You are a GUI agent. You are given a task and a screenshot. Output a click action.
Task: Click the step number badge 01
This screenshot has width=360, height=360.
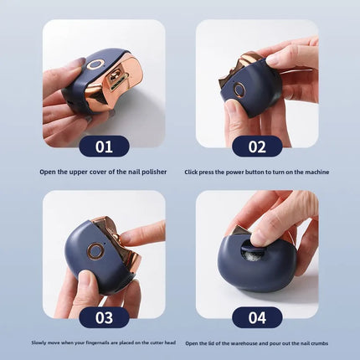click(x=103, y=147)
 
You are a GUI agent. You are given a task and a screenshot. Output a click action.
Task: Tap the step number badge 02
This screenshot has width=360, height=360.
click(x=256, y=147)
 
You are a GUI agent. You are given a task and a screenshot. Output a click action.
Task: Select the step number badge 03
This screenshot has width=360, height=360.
click(x=103, y=317)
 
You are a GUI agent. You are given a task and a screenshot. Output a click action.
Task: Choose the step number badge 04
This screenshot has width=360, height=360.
click(x=256, y=317)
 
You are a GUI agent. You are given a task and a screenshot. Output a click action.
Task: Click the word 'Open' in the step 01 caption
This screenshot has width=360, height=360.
click(x=49, y=172)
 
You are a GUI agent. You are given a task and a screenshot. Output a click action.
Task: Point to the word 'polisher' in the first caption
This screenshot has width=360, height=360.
click(x=152, y=172)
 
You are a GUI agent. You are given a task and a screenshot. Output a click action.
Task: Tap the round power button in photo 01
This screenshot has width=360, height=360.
click(x=97, y=64)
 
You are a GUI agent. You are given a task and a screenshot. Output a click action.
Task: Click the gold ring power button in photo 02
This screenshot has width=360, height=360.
click(x=240, y=89)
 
